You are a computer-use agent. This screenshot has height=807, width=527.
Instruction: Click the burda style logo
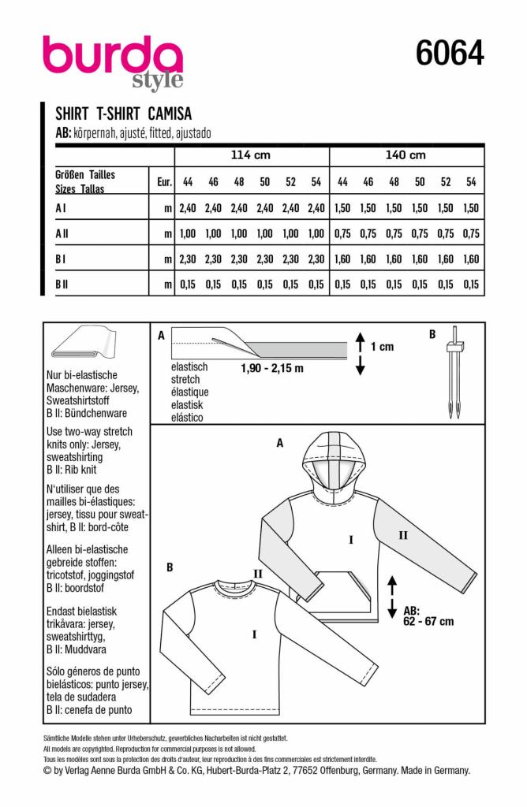[x=113, y=61]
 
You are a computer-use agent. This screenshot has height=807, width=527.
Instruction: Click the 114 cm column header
[x=250, y=155]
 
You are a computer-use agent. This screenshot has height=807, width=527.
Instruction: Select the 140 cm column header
[x=406, y=155]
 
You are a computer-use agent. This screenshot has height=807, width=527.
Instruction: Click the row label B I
[x=62, y=258]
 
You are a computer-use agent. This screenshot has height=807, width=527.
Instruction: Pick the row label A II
[x=62, y=233]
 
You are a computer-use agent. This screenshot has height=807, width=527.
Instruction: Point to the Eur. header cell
[x=164, y=182]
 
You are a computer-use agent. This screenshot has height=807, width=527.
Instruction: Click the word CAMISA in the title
[x=170, y=113]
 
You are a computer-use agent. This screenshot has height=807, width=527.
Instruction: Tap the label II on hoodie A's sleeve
[x=403, y=535]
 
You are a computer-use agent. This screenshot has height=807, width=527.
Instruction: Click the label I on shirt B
[x=253, y=633]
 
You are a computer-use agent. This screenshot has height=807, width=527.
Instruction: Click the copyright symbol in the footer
[x=47, y=770]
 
